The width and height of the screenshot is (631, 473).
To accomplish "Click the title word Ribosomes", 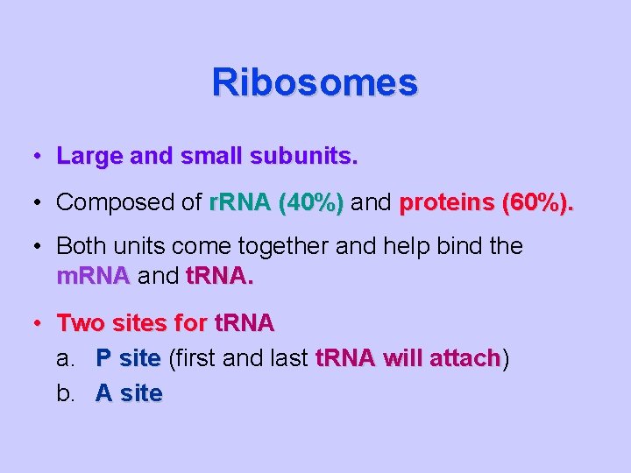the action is [315, 83].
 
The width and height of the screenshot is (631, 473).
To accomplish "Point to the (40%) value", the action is [310, 202].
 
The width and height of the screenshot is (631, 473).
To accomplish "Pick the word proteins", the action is [447, 202].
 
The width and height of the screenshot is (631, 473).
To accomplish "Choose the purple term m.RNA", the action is [93, 278].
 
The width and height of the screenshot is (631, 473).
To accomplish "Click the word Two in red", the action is [78, 323].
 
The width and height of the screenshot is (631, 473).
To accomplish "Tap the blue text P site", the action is [128, 358].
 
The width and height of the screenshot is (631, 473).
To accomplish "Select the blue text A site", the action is [129, 393].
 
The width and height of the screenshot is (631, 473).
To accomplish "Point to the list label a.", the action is [66, 358].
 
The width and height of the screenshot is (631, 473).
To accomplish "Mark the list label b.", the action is [66, 393].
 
